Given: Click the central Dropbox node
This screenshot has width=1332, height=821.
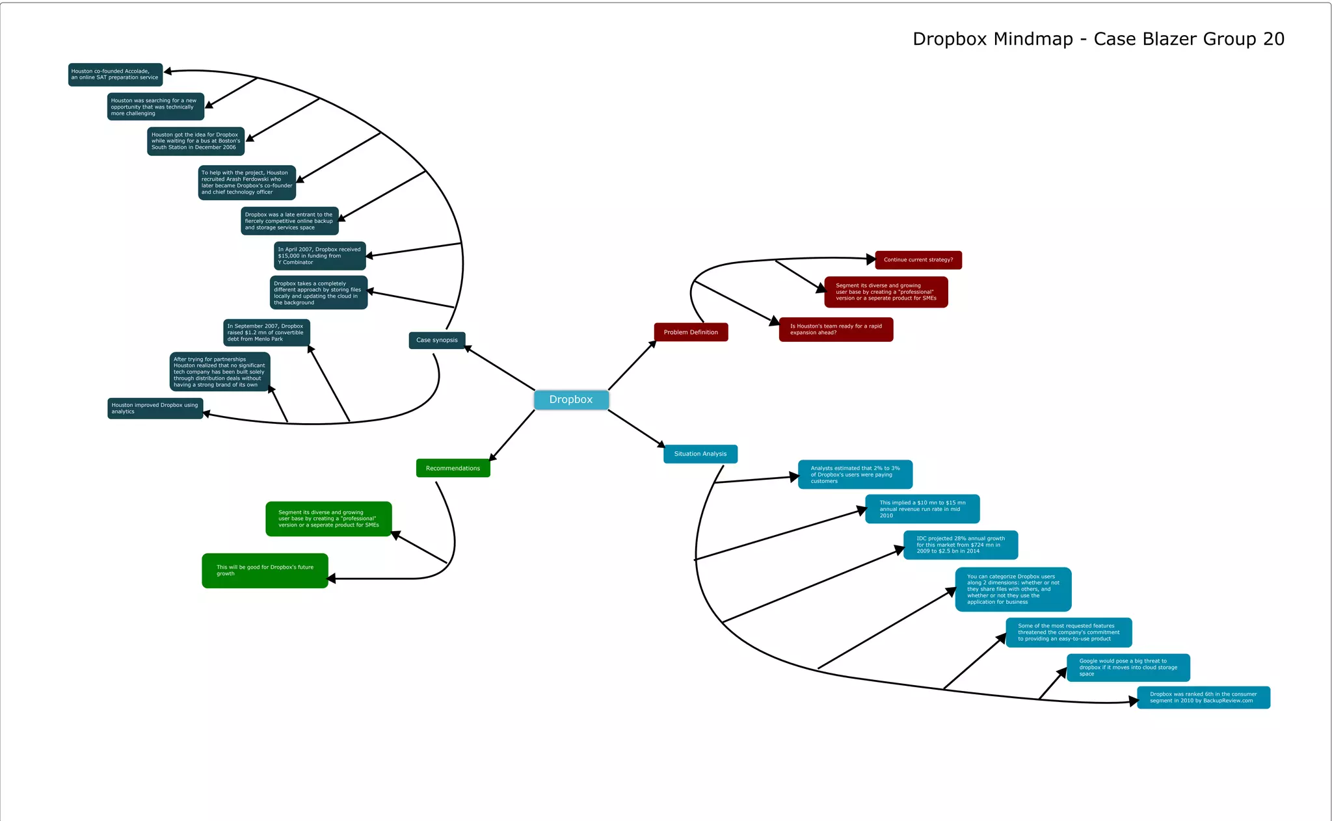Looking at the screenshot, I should tap(571, 400).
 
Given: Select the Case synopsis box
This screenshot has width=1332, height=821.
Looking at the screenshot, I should tap(436, 340).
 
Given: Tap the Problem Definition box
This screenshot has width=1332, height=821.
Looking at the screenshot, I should tap(691, 332).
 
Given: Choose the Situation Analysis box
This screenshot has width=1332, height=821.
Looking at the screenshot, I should tap(700, 454).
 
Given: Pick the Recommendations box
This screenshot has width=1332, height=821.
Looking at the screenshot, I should tap(453, 468).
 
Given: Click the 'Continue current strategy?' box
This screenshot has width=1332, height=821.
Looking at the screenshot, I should tap(918, 260).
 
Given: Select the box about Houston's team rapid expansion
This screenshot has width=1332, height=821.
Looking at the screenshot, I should tap(836, 330).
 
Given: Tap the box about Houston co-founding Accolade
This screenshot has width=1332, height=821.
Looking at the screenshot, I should tap(115, 75).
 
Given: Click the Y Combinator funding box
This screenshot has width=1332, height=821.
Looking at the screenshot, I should tap(319, 256).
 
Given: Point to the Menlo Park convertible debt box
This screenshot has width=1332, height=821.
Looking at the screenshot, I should tap(266, 333).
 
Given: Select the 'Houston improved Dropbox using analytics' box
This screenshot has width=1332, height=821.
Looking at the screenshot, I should tap(155, 408).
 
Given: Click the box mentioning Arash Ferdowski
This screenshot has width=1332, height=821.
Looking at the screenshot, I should tap(246, 183).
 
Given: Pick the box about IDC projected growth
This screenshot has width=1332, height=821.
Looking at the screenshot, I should tap(960, 545).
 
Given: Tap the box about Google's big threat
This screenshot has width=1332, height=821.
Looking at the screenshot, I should tap(1128, 668).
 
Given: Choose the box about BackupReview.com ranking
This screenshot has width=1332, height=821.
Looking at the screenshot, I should tap(1203, 697).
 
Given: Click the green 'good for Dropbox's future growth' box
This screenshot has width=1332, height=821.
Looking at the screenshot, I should tap(265, 571).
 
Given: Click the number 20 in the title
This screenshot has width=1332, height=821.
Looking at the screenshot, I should tap(1273, 39).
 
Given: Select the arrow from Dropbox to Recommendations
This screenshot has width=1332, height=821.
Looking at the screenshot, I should tap(513, 435).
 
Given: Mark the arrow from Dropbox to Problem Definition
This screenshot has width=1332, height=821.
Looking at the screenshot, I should tap(632, 365).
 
